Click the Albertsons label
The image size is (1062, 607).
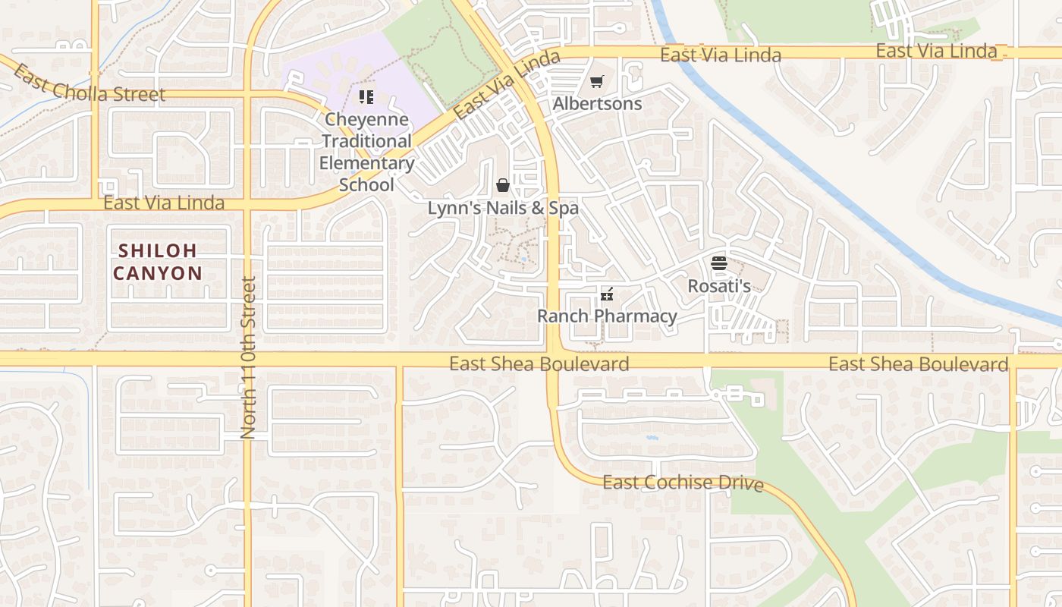point(598,103)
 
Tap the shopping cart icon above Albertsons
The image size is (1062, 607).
point(597,82)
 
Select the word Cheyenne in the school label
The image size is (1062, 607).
point(366,120)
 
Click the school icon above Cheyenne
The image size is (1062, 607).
point(366,96)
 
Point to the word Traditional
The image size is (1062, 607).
point(366,141)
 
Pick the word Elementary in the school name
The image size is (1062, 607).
point(366,163)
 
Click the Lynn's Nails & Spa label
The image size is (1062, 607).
point(503,208)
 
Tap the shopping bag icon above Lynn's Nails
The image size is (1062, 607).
point(502,185)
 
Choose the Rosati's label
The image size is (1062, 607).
point(719,286)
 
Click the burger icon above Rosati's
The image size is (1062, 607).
point(719,263)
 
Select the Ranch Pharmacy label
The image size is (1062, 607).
point(607,316)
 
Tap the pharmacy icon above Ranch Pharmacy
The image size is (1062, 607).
point(606,294)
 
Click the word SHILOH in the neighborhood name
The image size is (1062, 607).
point(158,250)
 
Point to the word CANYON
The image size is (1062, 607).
point(158,273)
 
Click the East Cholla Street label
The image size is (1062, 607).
point(88,86)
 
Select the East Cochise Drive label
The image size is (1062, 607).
point(683,483)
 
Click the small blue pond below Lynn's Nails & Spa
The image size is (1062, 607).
point(523,259)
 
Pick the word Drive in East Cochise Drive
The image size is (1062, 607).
point(740,483)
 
